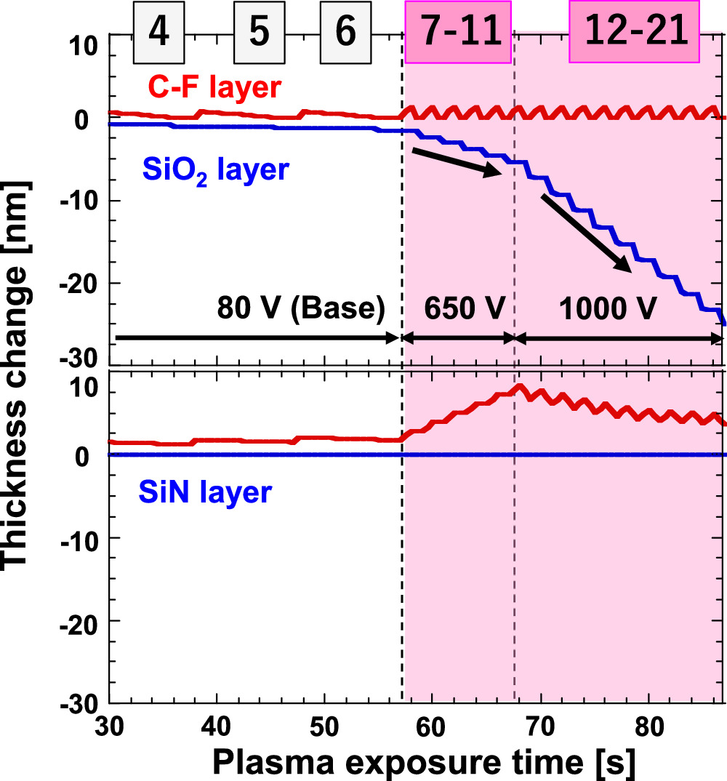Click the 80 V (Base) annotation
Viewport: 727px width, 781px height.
tap(300, 310)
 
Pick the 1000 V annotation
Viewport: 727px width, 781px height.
tap(608, 310)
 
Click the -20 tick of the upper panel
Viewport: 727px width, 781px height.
tap(86, 284)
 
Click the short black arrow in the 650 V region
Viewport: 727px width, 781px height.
tap(456, 161)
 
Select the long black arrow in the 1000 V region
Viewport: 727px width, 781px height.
tap(586, 233)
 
